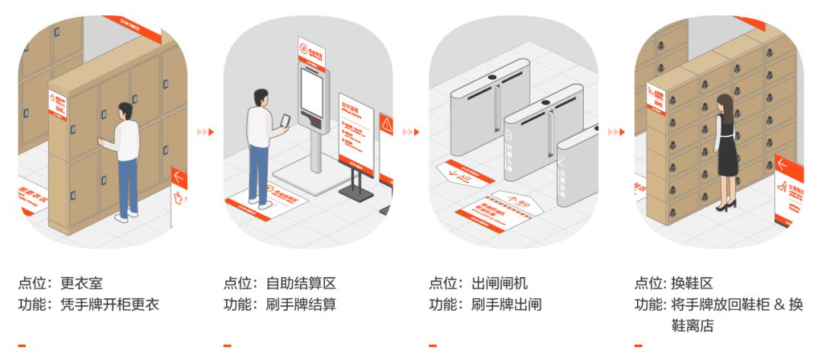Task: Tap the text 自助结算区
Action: [301, 284]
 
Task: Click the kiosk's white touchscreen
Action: [313, 91]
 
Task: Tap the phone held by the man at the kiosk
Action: [286, 120]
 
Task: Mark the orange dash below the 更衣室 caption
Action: [22, 346]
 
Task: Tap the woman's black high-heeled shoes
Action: [724, 205]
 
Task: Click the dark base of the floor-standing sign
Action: [356, 194]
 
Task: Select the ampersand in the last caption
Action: [776, 305]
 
